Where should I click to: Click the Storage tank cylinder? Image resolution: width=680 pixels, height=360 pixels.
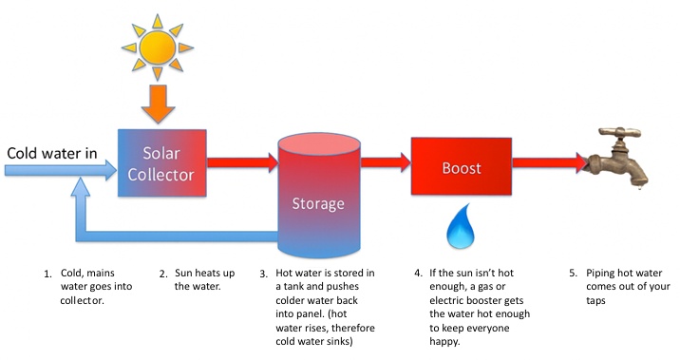[318, 199]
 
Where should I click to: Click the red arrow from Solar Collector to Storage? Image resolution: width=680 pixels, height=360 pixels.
[237, 162]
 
